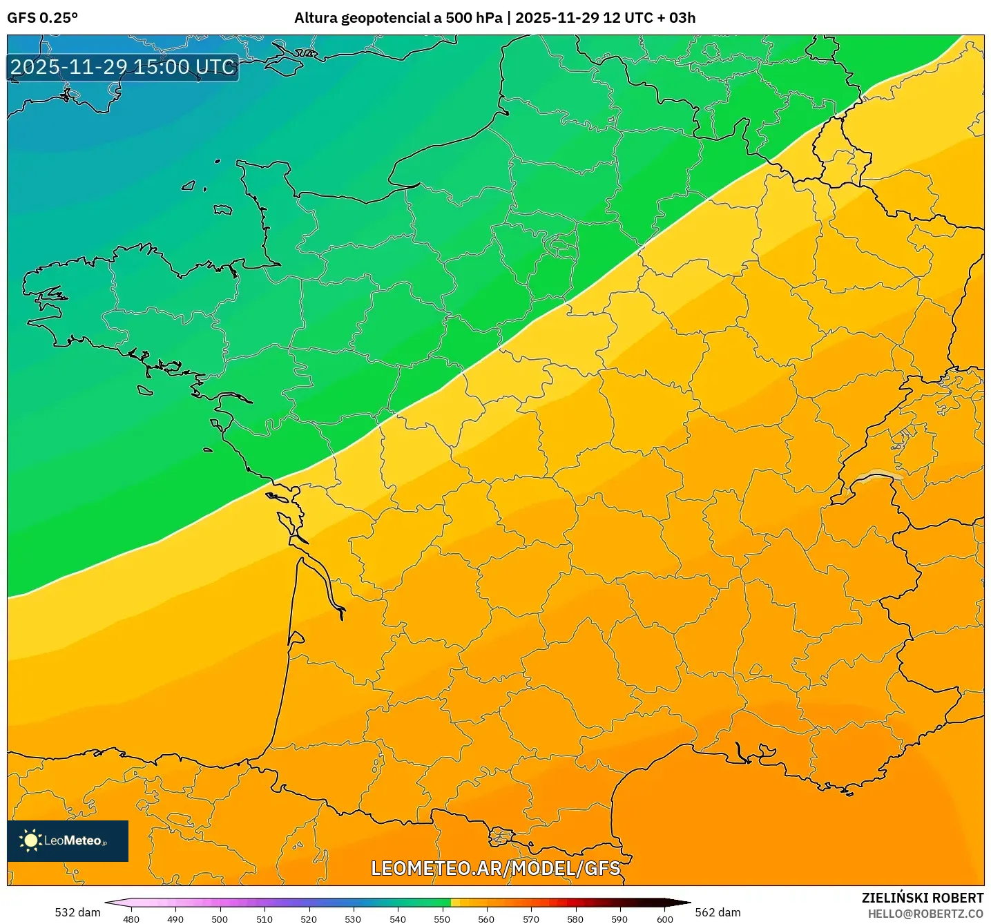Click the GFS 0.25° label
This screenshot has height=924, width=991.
pos(42,18)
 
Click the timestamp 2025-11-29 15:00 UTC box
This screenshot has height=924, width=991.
pos(123,67)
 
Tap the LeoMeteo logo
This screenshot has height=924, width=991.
pos(68,840)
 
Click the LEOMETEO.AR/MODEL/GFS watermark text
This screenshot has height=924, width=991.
pos(495,868)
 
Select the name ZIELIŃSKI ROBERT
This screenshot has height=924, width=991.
pos(922,898)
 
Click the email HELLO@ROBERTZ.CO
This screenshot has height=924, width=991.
pos(925,914)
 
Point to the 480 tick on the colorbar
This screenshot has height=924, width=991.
pos(131,918)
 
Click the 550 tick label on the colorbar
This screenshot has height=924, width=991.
pos(442,918)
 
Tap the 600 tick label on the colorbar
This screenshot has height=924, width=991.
pos(664,918)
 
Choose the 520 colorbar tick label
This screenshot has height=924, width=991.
pos(309,918)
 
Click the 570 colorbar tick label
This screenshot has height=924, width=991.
pos(530,918)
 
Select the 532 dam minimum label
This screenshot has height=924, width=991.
pos(77,912)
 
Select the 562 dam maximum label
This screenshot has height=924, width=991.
pos(718,912)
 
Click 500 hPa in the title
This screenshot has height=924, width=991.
pos(474,18)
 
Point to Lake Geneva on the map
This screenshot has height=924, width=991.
pos(877,477)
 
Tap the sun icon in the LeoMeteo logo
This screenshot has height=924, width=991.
pos(30,840)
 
